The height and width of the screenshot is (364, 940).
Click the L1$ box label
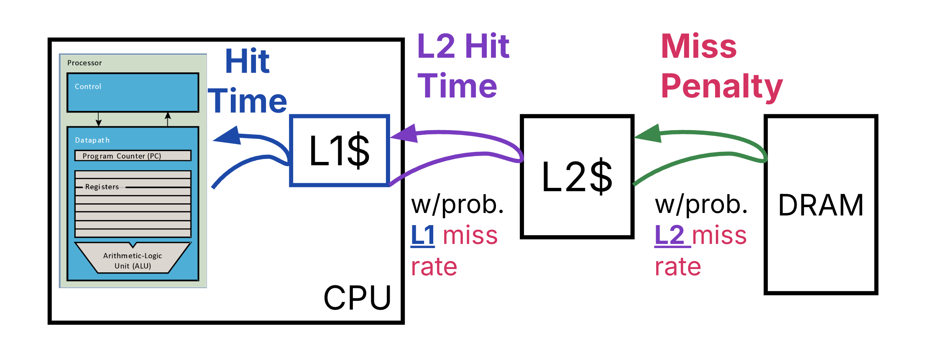[x=339, y=151]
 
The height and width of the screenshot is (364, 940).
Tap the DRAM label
[x=820, y=205]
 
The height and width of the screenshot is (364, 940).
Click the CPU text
[x=357, y=298]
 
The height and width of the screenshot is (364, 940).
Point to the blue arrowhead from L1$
[x=228, y=136]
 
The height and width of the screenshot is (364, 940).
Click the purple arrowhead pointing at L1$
[x=405, y=134]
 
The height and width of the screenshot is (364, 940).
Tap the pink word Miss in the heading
[x=699, y=46]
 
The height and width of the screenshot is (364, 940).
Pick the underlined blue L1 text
[x=423, y=235]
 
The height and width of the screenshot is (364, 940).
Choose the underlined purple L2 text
[x=669, y=235]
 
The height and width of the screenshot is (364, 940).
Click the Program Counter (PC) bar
[x=133, y=156]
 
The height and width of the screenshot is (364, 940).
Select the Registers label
[x=102, y=187]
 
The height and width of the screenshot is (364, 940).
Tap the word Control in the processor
[x=88, y=87]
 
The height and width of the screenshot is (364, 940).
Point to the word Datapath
[x=92, y=140]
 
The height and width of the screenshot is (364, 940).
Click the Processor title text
[x=84, y=63]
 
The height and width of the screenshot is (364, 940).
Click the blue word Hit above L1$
[x=247, y=62]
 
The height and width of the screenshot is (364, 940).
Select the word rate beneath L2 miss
[x=677, y=267]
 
